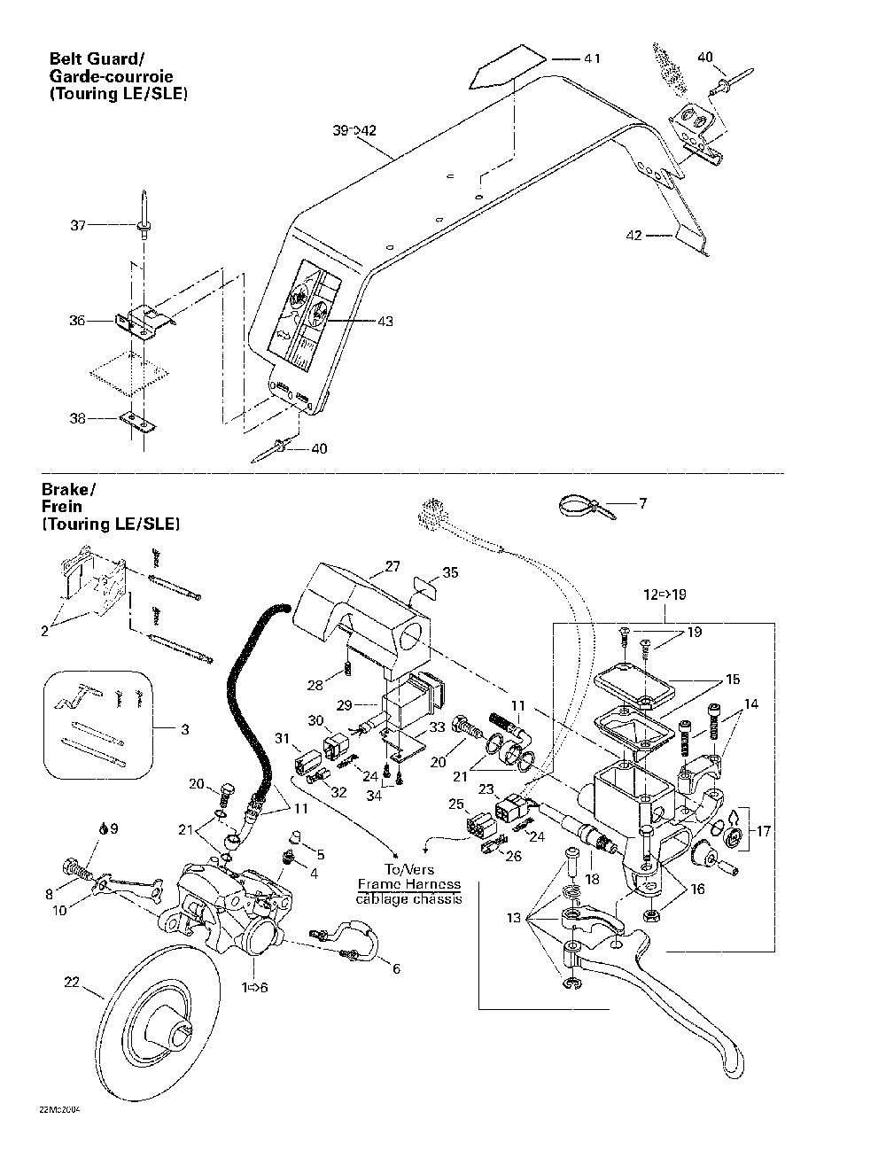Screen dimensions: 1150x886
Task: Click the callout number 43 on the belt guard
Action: coord(385,321)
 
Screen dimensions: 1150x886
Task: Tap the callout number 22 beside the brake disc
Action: coord(72,981)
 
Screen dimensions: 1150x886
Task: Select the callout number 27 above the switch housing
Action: coord(392,565)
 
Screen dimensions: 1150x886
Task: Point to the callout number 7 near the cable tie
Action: coord(642,503)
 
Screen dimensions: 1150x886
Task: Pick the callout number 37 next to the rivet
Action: coord(78,226)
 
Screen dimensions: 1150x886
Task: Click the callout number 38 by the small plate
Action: coord(78,418)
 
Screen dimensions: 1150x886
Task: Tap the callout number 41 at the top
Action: coord(592,58)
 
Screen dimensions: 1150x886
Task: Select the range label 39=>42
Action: coord(354,130)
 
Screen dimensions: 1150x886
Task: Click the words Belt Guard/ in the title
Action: coord(96,59)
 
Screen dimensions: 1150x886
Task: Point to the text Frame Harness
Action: coord(409,883)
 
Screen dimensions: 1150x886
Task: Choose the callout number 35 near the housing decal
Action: coord(451,572)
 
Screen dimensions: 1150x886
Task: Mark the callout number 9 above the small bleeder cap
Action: coord(113,828)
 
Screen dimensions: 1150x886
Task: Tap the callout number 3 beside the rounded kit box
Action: coord(183,729)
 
